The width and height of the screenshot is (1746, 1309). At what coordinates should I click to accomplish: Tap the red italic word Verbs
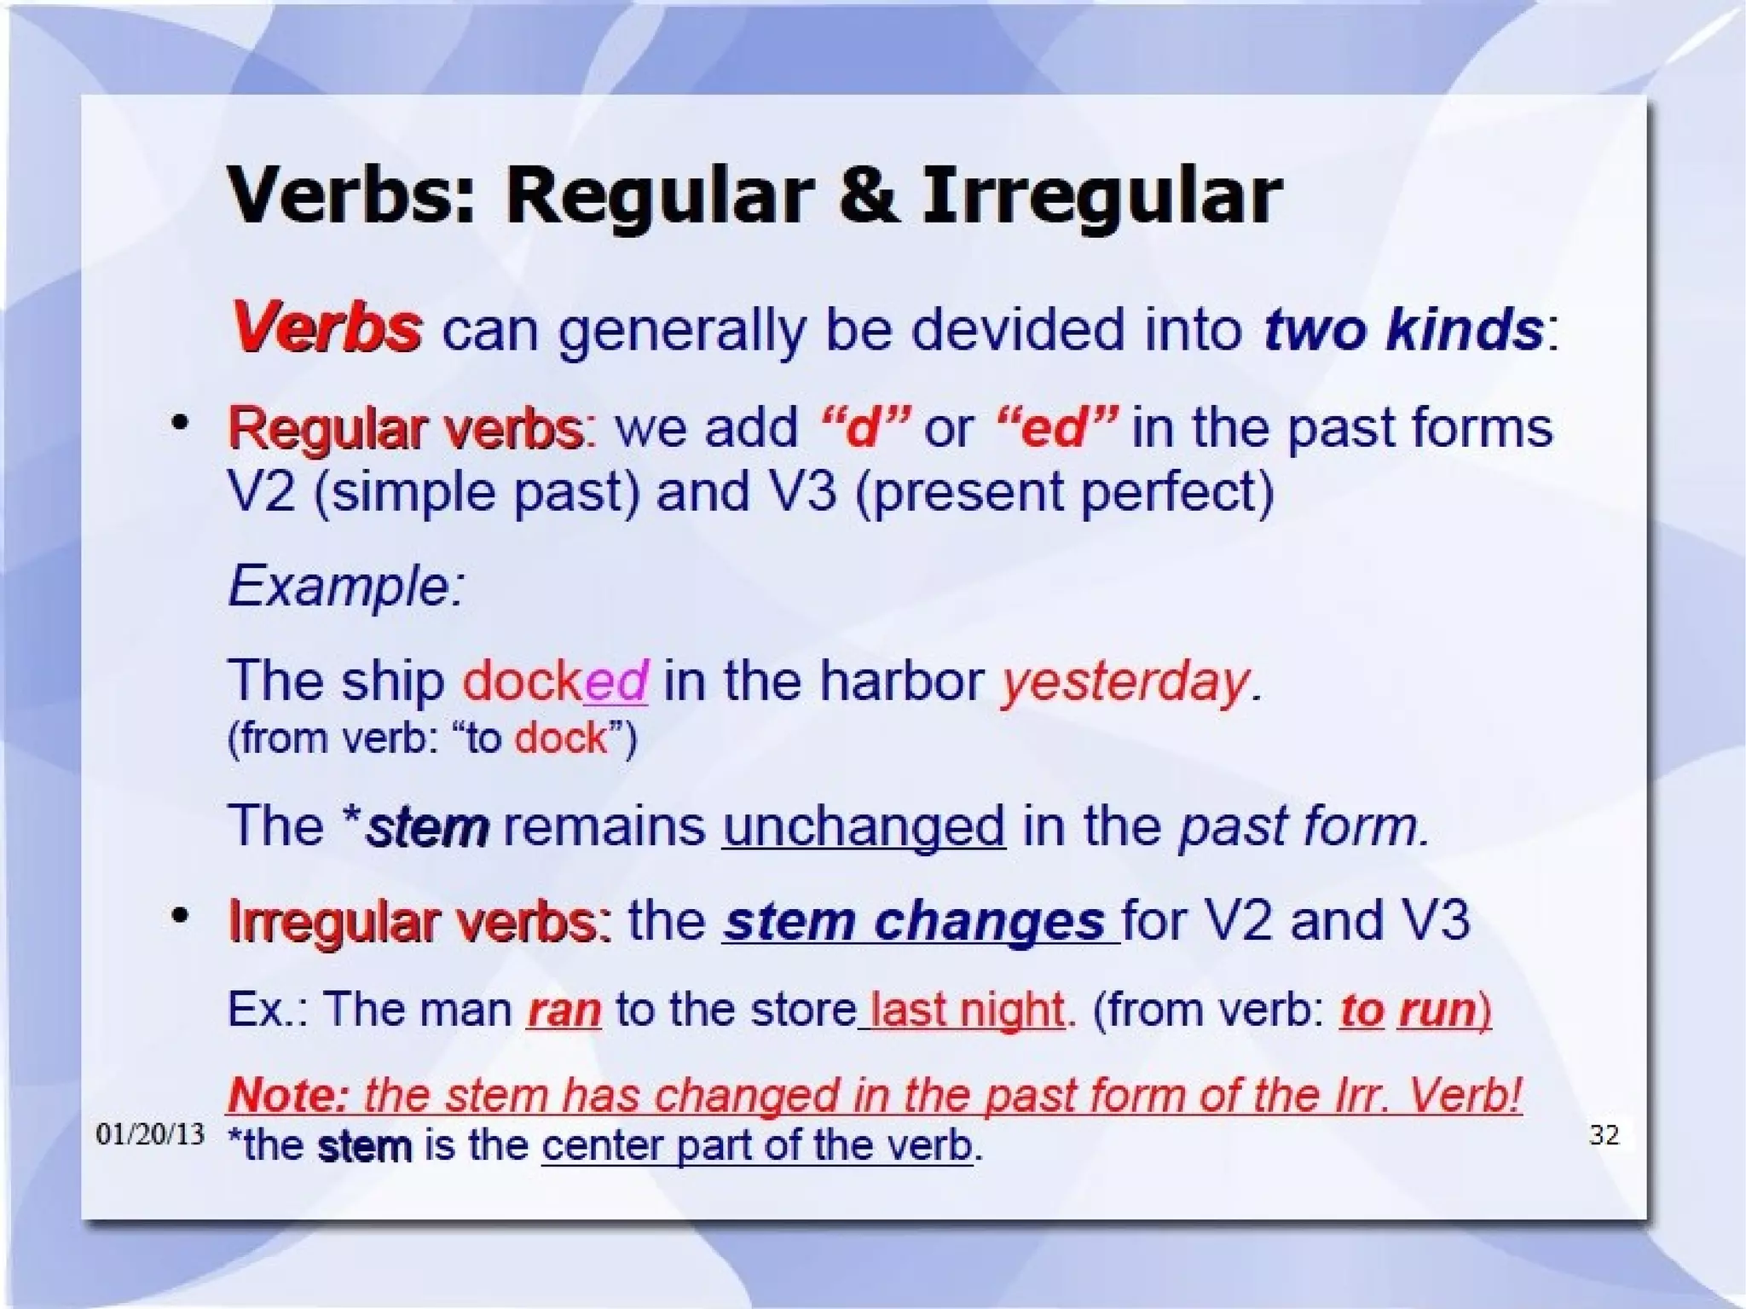[326, 327]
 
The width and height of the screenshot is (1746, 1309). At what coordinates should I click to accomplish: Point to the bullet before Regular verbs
[179, 423]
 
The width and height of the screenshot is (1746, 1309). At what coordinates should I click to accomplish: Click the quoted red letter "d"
[864, 426]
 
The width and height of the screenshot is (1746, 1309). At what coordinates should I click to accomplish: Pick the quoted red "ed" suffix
[1056, 426]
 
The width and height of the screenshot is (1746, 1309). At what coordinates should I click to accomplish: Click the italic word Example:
[346, 587]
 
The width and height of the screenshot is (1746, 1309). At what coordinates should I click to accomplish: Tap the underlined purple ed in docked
[616, 681]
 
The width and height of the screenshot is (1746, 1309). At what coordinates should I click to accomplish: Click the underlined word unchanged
[864, 826]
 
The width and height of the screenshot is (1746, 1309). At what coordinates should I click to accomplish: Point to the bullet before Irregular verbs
[179, 917]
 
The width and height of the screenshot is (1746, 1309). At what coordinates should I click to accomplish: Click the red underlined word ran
[564, 1011]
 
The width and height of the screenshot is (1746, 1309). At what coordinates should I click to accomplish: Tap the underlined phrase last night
[967, 1011]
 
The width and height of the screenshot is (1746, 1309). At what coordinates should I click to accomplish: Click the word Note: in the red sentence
[288, 1095]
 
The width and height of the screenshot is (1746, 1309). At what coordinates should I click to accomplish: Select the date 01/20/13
[150, 1134]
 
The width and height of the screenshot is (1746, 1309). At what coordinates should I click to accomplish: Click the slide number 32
[1604, 1134]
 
